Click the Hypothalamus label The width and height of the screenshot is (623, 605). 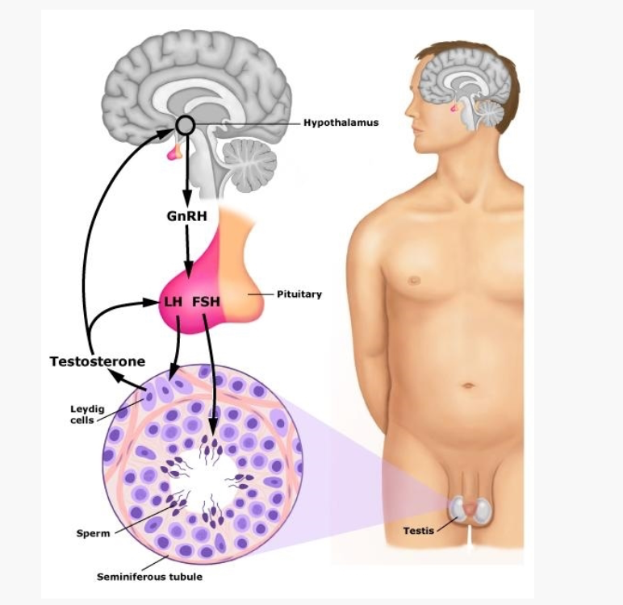(x=341, y=123)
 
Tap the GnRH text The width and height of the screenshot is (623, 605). (x=186, y=216)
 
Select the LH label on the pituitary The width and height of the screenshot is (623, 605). (x=174, y=302)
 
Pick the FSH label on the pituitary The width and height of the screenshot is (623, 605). (x=207, y=302)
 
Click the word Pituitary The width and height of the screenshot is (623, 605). (x=299, y=294)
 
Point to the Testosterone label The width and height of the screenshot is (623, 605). (x=97, y=361)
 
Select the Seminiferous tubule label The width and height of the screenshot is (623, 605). (x=138, y=577)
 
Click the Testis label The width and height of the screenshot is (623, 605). (x=419, y=530)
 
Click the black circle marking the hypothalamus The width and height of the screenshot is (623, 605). (x=186, y=124)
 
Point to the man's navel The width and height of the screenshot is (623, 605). (x=469, y=386)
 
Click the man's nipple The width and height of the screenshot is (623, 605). (x=415, y=281)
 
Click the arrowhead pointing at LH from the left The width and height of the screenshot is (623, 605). (x=156, y=302)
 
